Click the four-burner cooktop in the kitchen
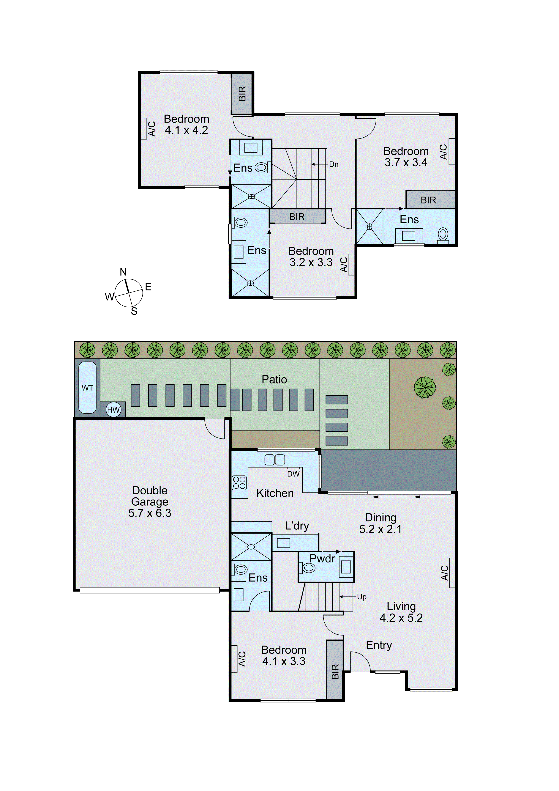click(239, 483)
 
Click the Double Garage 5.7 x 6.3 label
click(150, 502)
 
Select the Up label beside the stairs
click(362, 597)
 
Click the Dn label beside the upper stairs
click(334, 164)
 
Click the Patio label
click(274, 379)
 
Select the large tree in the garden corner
click(425, 387)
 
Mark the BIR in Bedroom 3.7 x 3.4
click(428, 200)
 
